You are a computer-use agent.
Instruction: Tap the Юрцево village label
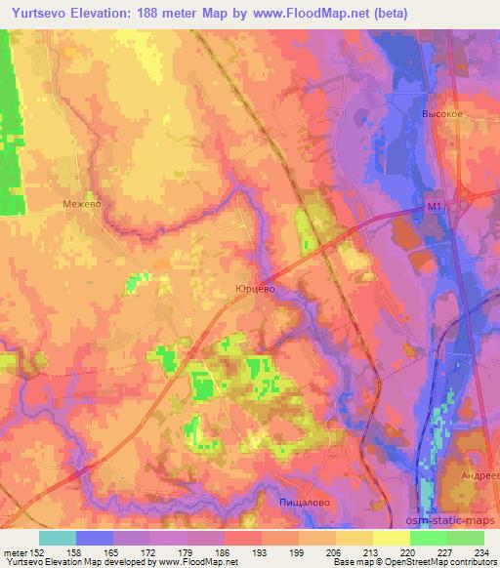[255, 289]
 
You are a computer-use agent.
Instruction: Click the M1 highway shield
[435, 207]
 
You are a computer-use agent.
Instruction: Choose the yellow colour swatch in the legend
[391, 538]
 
